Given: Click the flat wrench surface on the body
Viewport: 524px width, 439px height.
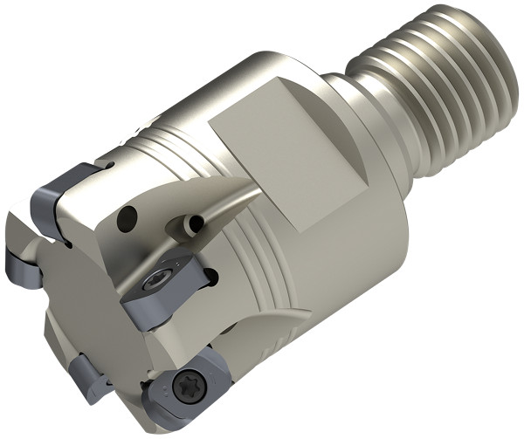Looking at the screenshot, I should tap(279, 166).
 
